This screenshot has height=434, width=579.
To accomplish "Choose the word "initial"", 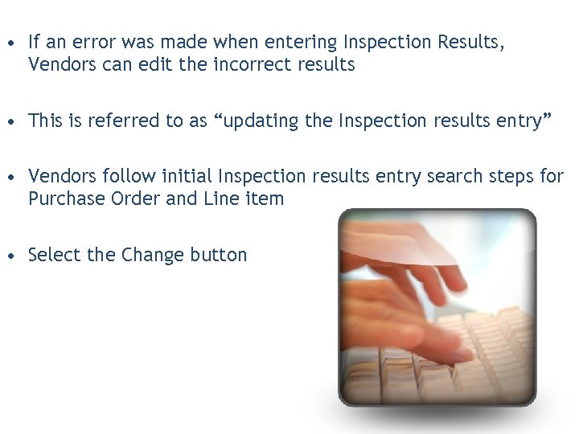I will pos(187,176).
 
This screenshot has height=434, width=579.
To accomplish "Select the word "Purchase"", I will pos(63,199).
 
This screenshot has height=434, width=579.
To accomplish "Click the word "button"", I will pos(219,256).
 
